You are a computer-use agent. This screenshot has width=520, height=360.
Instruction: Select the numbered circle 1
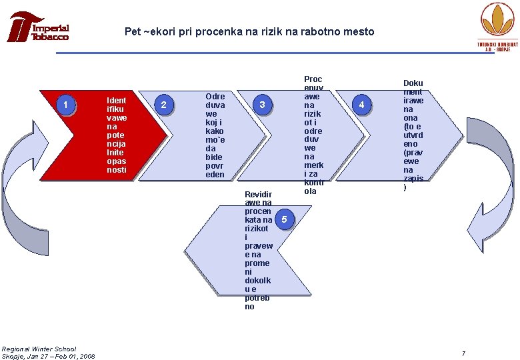pos(65,105)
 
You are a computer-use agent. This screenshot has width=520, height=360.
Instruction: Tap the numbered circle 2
pos(163,105)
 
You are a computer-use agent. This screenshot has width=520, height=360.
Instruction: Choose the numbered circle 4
pos(362,105)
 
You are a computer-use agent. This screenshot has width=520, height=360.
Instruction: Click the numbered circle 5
pos(284,219)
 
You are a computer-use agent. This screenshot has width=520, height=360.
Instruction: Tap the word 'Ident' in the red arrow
pos(116,101)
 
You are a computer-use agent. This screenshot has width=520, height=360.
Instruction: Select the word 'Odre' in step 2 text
pos(215,96)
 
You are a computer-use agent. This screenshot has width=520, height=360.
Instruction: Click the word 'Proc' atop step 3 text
pos(313,79)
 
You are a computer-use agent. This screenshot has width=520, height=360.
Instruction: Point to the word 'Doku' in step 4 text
pos(413,83)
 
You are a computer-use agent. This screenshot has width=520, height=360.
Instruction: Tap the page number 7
pos(463,352)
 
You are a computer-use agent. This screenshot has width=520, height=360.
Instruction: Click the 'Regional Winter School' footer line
pos(39,349)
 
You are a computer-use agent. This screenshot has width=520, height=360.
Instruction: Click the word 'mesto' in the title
pos(358,31)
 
